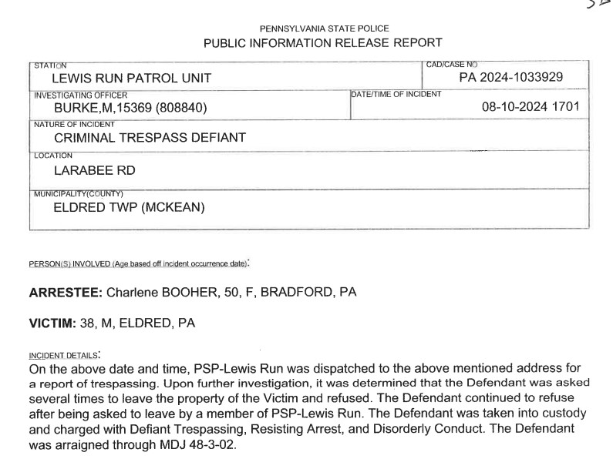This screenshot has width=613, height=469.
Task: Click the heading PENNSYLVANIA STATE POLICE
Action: (x=324, y=29)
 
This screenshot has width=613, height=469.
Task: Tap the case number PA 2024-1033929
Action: (x=510, y=77)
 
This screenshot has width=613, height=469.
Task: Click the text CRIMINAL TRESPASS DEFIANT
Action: (x=150, y=138)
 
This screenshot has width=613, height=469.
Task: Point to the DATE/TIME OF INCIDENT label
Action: (x=396, y=95)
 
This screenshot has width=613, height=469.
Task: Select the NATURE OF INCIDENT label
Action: (x=74, y=124)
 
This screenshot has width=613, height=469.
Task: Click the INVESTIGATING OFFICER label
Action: (x=79, y=95)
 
